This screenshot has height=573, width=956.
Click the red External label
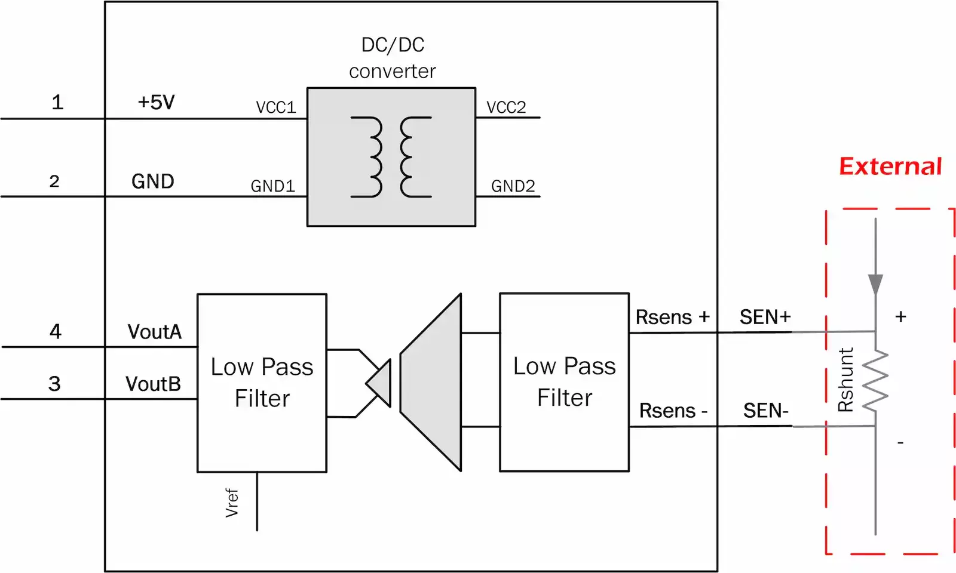[890, 166]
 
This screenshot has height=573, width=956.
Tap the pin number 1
[57, 102]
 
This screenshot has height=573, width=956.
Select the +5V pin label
[156, 102]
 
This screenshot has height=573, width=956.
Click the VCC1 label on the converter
[275, 107]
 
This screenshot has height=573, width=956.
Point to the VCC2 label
[506, 107]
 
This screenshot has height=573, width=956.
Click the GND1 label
[272, 186]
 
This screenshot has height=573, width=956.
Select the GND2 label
[513, 186]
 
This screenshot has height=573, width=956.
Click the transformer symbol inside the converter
[391, 157]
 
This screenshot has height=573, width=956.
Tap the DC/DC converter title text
[393, 58]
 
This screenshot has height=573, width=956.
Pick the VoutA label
[154, 332]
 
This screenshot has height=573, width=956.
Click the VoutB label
[153, 384]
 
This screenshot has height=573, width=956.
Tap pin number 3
[54, 384]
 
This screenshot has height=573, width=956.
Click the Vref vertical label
[232, 503]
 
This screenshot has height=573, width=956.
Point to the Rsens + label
[672, 317]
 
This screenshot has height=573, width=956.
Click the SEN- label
[765, 411]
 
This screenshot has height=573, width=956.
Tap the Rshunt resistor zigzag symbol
[876, 380]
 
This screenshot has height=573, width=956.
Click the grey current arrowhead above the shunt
[875, 284]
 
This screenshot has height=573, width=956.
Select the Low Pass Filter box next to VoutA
[262, 383]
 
